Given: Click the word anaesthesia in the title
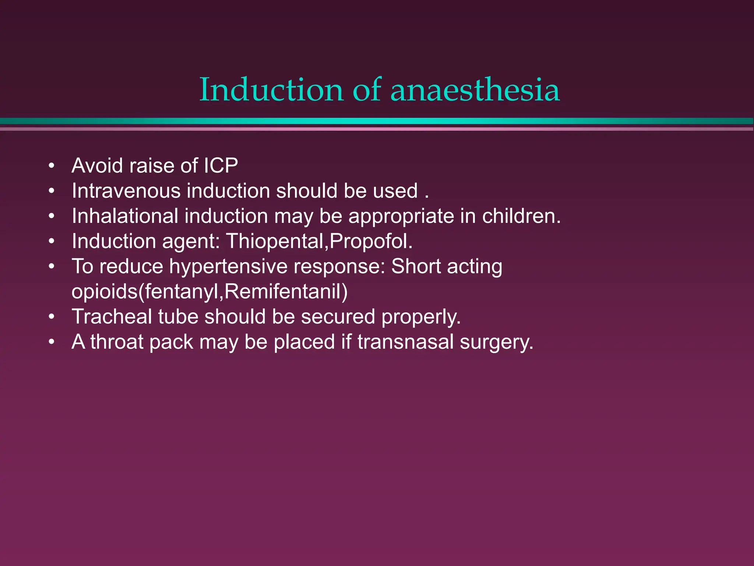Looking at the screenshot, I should point(475,90).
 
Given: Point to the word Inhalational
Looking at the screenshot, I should point(125,216).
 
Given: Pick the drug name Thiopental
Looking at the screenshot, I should point(275,241).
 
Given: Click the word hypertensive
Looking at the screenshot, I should point(228,266).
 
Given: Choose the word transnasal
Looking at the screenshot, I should point(405,342).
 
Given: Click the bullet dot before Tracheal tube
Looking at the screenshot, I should point(52,317).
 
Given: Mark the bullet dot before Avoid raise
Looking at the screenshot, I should point(52,166).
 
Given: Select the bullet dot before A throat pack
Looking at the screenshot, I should point(52,342).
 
